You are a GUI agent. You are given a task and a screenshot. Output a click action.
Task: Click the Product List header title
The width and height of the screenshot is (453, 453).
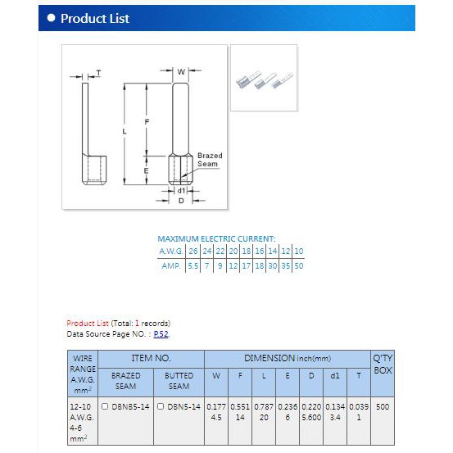[x=95, y=19]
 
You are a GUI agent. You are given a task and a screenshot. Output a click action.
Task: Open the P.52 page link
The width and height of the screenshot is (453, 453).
[x=161, y=334]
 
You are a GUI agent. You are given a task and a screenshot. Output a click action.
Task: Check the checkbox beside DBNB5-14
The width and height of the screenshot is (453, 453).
[x=105, y=406]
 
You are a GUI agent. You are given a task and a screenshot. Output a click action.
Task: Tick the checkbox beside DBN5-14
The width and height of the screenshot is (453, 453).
[x=161, y=406]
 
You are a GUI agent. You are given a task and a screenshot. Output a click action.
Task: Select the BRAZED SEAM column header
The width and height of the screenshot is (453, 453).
[x=125, y=381]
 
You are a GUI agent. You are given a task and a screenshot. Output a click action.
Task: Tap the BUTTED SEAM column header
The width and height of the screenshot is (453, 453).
[x=179, y=381]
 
